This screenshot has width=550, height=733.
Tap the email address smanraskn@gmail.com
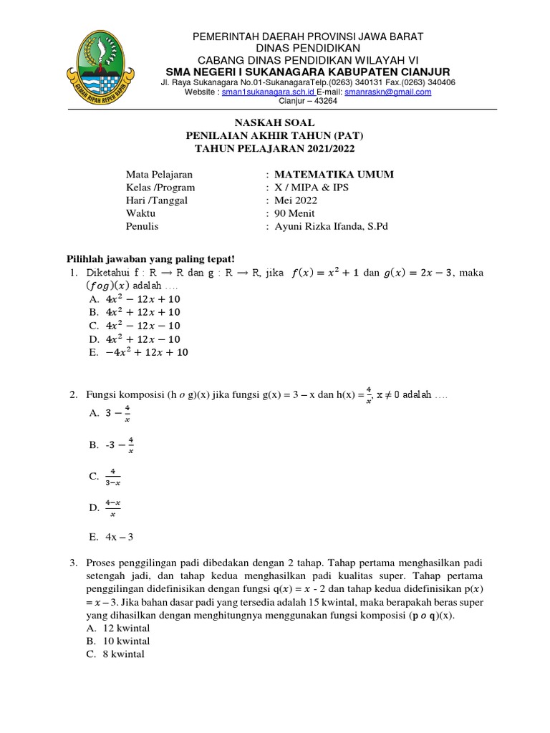point(387,92)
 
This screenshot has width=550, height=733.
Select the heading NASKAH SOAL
point(275,123)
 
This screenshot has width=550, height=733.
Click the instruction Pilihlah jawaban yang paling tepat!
point(150,258)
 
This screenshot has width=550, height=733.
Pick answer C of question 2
point(113,476)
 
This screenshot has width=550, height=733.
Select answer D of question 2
point(113,508)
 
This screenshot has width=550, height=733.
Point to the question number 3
point(73,563)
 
